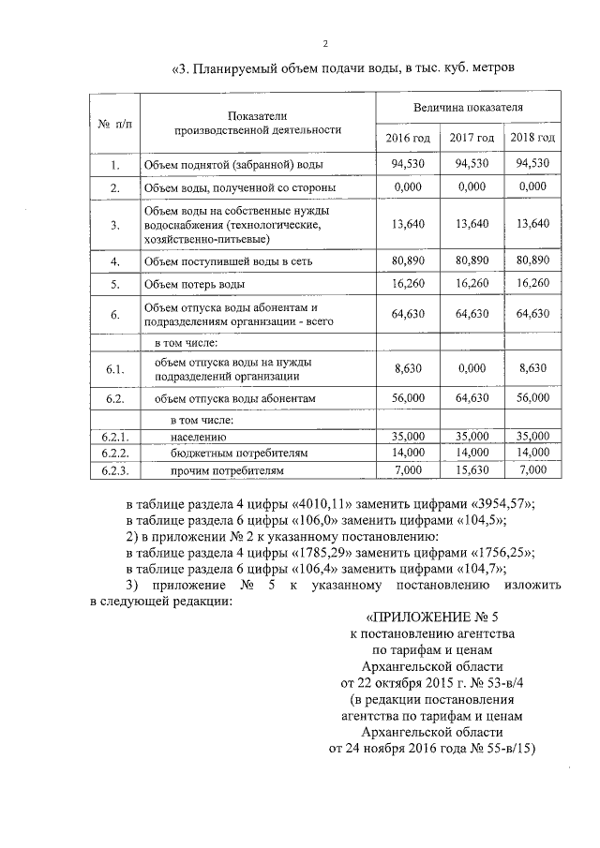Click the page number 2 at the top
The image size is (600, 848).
(325, 43)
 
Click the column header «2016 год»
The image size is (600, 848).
(409, 138)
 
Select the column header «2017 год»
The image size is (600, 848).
(472, 138)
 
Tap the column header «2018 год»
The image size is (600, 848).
(532, 138)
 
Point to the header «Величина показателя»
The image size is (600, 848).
(470, 111)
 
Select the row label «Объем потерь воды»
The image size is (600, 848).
(195, 283)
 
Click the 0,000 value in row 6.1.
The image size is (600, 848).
(472, 370)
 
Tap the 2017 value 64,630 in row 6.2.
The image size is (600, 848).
(472, 398)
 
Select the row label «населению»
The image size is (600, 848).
(199, 437)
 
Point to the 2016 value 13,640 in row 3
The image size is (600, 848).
(409, 224)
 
